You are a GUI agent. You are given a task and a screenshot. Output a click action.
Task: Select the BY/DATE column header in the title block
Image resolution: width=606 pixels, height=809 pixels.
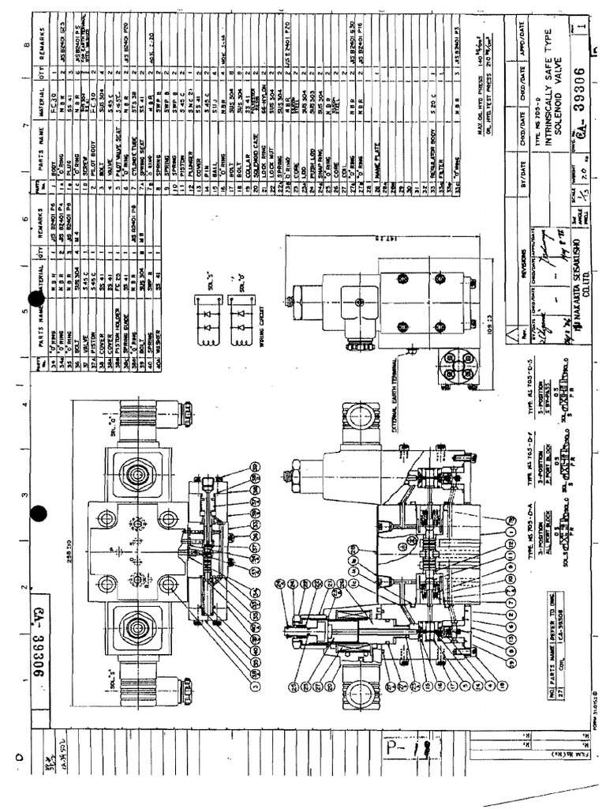pos(526,181)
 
